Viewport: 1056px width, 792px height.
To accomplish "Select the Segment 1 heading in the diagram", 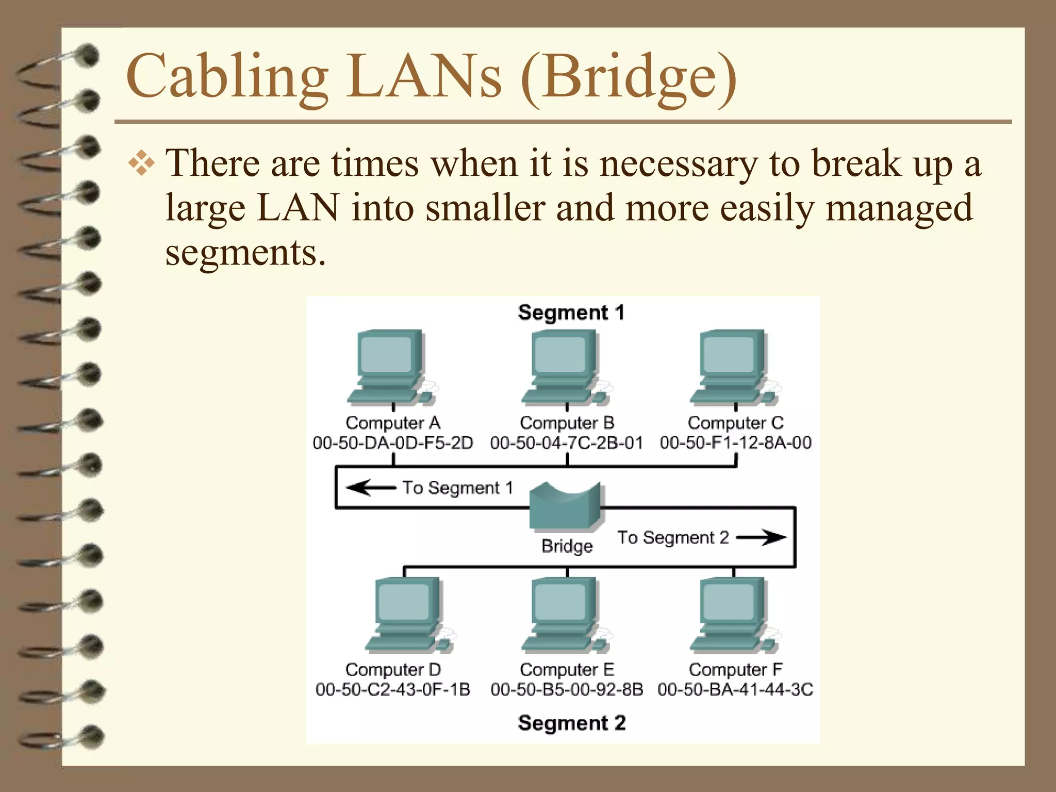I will [x=571, y=312].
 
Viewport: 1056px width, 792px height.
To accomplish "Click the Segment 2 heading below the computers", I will [x=571, y=723].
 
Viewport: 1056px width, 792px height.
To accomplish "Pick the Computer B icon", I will [x=565, y=367].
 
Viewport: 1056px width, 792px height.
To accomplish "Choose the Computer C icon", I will [x=734, y=367].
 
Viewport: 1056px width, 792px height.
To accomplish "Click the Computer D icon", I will [x=409, y=615].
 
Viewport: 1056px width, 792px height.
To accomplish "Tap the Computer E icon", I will [x=565, y=615].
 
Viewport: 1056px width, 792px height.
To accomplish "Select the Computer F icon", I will [x=734, y=615].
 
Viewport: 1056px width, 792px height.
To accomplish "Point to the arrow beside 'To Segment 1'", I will [x=370, y=487].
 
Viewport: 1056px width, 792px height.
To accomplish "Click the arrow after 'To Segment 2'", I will [x=761, y=537].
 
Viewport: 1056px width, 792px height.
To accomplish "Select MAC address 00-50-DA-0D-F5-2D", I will [x=393, y=443].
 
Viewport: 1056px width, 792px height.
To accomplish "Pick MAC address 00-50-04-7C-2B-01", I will [x=567, y=443].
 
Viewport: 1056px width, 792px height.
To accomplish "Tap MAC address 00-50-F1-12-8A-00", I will [x=735, y=443].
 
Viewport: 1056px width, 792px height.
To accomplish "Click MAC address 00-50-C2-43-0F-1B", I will [x=393, y=689].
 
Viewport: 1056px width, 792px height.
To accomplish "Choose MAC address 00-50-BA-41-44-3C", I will [x=735, y=689].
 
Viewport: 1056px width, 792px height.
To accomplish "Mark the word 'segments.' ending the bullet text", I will [x=245, y=253].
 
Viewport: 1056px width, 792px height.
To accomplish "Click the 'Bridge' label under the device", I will [x=567, y=546].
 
